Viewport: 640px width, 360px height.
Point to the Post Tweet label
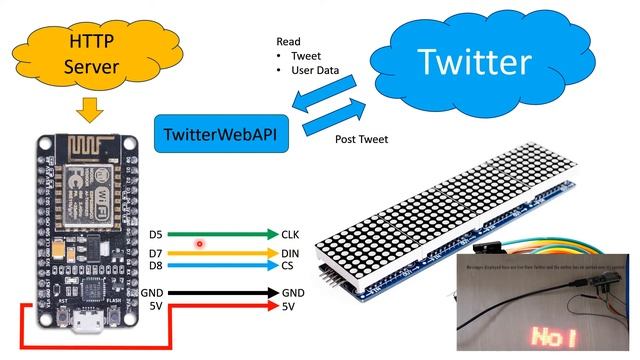tap(362, 139)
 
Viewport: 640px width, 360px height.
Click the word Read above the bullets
tap(289, 42)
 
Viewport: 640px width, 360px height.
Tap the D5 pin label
tap(156, 234)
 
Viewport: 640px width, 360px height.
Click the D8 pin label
tap(156, 266)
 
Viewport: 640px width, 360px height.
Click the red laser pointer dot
tap(200, 243)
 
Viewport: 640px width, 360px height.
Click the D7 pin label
tap(156, 254)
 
